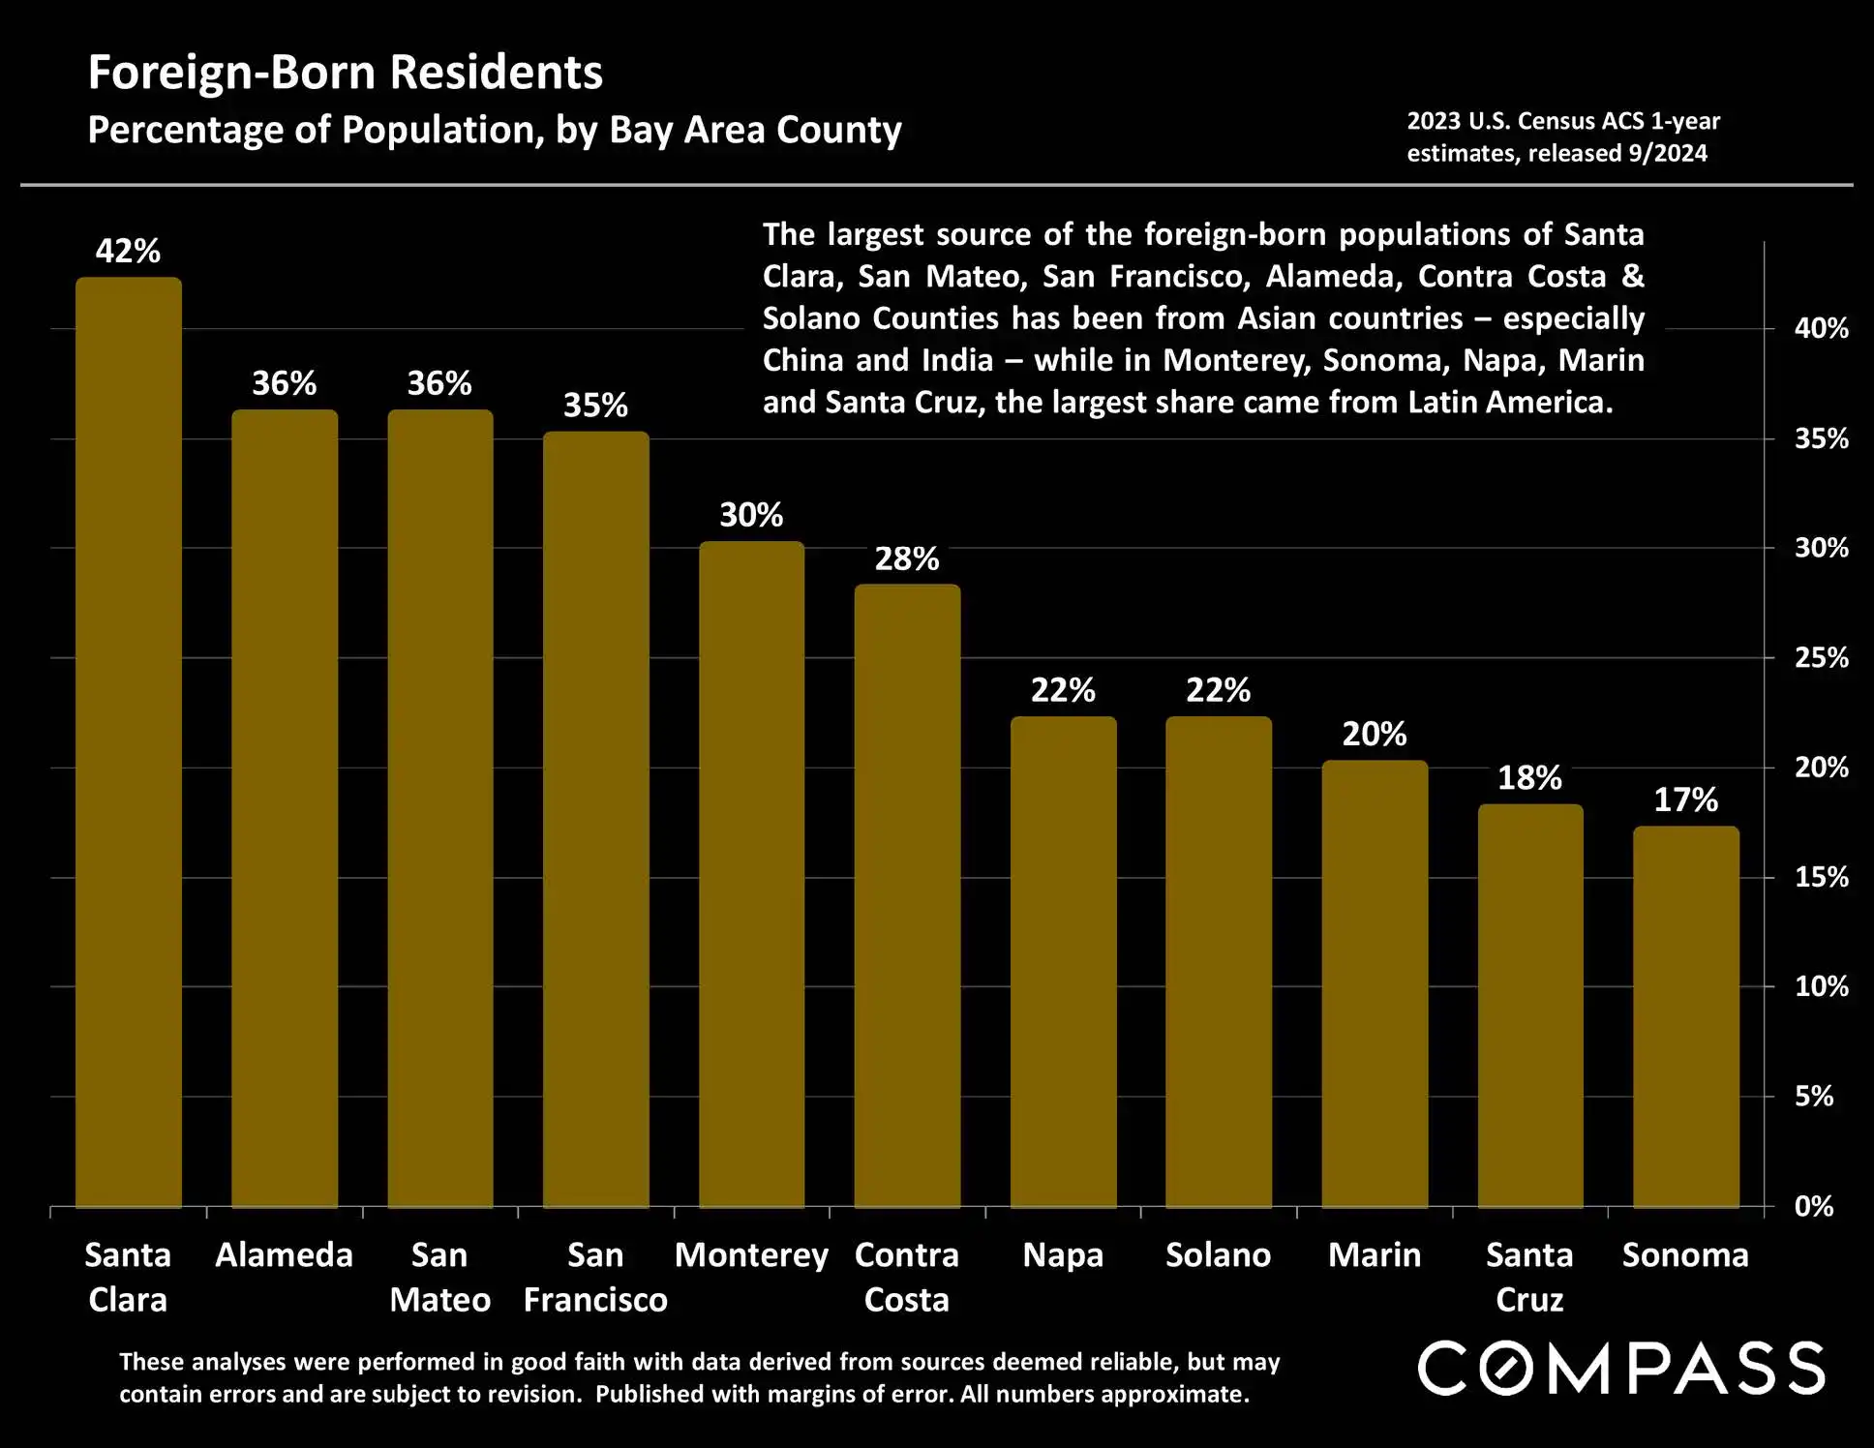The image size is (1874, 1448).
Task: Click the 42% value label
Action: click(128, 252)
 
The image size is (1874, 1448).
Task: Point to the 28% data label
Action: click(907, 558)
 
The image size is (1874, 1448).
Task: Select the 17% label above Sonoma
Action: click(1685, 799)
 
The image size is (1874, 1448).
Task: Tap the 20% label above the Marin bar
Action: click(1374, 734)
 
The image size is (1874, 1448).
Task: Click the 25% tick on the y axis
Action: click(1821, 658)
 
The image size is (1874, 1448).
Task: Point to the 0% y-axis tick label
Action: click(1813, 1206)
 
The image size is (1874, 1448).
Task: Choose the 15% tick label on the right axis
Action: click(1821, 877)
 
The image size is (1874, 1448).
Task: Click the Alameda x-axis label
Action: click(284, 1255)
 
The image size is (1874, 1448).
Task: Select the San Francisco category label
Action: click(595, 1277)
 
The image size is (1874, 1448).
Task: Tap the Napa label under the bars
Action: click(1063, 1255)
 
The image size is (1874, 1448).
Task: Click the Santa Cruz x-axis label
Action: click(1529, 1277)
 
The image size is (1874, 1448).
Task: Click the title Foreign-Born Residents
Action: click(346, 73)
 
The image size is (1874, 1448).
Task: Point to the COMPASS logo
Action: click(1621, 1368)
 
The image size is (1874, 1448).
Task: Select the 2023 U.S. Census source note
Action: click(1562, 136)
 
